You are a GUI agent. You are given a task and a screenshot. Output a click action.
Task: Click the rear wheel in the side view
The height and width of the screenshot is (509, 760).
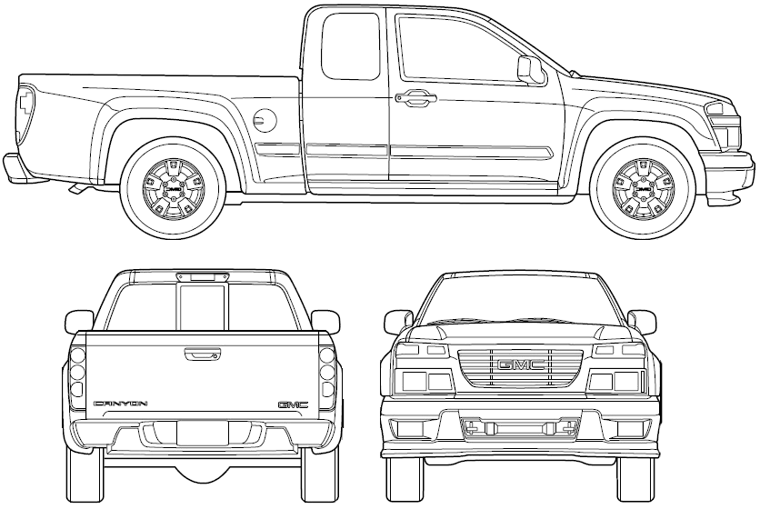click(x=174, y=188)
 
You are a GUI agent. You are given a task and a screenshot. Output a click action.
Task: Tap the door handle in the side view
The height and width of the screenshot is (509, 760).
click(x=415, y=98)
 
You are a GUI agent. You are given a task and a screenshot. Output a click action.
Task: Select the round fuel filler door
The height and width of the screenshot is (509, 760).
click(x=265, y=119)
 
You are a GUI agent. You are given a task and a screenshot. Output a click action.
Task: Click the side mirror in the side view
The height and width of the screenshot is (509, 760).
click(x=531, y=71)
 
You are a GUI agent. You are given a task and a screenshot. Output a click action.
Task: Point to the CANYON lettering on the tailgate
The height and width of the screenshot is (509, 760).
click(x=120, y=404)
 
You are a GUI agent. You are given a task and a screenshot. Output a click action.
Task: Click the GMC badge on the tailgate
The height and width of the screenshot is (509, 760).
click(x=293, y=404)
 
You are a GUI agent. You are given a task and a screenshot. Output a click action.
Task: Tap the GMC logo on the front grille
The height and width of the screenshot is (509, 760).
click(x=520, y=365)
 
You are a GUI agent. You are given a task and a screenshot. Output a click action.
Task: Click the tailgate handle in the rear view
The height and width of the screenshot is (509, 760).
click(x=203, y=354)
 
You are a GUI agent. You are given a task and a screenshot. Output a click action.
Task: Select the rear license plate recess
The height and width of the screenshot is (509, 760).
click(x=203, y=433)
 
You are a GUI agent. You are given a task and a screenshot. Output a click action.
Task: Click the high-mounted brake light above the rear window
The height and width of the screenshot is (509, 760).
click(x=203, y=277)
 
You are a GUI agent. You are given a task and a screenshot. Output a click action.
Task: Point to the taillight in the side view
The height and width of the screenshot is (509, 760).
click(x=26, y=115)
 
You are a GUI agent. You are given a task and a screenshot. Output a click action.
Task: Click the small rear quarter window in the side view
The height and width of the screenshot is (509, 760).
click(x=350, y=46)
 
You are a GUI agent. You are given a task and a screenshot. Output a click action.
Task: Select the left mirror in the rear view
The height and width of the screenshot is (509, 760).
click(x=79, y=322)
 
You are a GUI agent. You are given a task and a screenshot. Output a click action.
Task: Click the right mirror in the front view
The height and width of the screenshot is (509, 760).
click(x=641, y=323)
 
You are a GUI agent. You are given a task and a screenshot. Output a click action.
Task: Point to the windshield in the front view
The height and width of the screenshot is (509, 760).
click(x=520, y=301)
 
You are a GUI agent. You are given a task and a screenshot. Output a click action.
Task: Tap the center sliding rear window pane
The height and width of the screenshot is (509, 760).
click(x=203, y=308)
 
